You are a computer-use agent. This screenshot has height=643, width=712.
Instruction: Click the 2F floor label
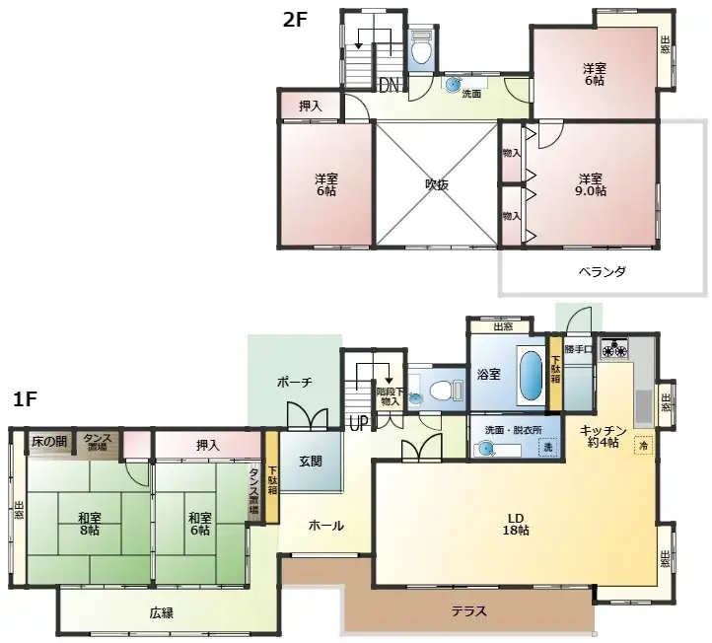296,19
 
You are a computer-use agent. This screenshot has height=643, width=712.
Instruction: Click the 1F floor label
27,399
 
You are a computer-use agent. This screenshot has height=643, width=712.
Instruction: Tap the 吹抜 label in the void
437,184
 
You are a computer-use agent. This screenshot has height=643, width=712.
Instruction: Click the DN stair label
390,87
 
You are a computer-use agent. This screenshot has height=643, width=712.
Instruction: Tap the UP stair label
358,424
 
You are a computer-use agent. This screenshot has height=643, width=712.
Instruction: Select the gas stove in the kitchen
615,347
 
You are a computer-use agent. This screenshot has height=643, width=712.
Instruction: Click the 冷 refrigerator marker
643,445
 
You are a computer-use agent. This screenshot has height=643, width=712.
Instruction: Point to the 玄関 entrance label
310,461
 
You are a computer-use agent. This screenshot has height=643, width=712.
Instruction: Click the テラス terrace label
469,610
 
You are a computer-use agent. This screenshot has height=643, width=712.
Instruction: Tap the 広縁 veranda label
162,612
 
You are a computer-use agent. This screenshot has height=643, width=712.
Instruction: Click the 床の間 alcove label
49,441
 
